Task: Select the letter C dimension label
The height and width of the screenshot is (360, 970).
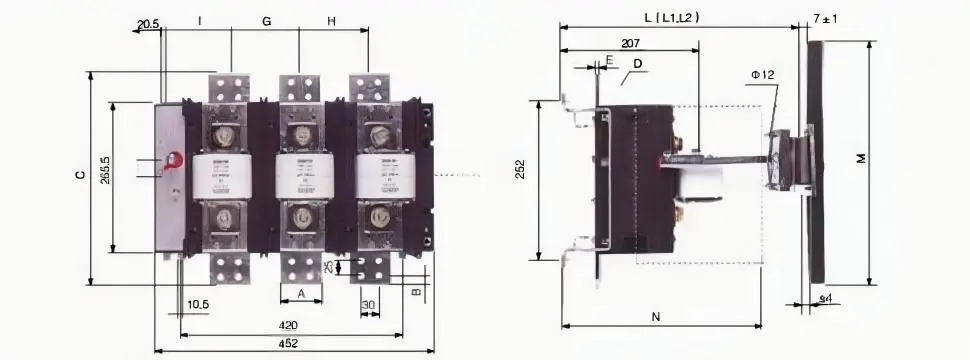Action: click(x=79, y=176)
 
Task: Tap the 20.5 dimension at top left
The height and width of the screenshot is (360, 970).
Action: click(x=148, y=22)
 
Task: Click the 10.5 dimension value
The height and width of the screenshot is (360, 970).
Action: click(x=198, y=304)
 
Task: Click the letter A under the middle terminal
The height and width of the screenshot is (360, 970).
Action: click(x=302, y=294)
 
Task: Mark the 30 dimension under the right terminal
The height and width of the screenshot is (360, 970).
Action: click(x=368, y=304)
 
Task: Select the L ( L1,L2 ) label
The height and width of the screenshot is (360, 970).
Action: click(x=671, y=18)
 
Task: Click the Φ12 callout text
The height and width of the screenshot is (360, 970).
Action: click(x=762, y=75)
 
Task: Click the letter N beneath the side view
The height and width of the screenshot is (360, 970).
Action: click(x=655, y=318)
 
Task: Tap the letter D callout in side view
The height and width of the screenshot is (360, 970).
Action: click(x=637, y=64)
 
